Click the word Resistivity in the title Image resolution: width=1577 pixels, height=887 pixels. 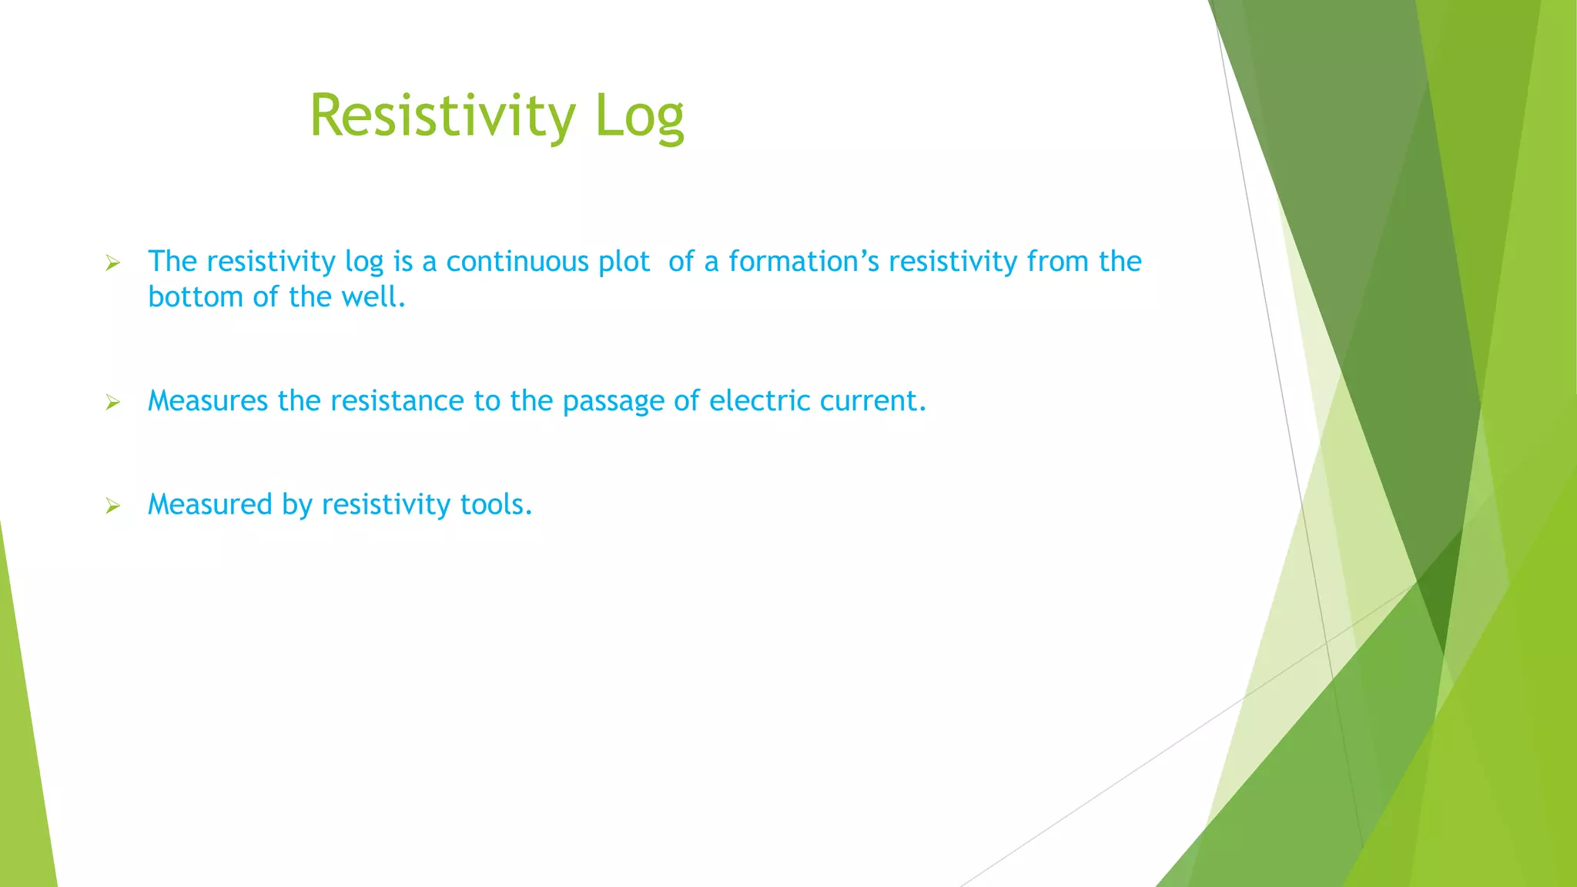pyautogui.click(x=443, y=115)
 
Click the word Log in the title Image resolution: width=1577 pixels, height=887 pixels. pyautogui.click(x=639, y=117)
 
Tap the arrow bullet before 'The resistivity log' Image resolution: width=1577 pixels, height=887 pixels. pyautogui.click(x=113, y=264)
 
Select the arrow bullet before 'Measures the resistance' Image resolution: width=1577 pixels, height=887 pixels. pyautogui.click(x=113, y=403)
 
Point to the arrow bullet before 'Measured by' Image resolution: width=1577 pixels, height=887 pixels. pyautogui.click(x=113, y=506)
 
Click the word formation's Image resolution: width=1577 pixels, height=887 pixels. pyautogui.click(x=804, y=262)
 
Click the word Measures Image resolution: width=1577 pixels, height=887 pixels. pyautogui.click(x=208, y=401)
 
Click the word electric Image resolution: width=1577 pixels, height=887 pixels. pyautogui.click(x=759, y=401)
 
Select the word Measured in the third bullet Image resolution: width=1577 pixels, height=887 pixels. pyautogui.click(x=210, y=505)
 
